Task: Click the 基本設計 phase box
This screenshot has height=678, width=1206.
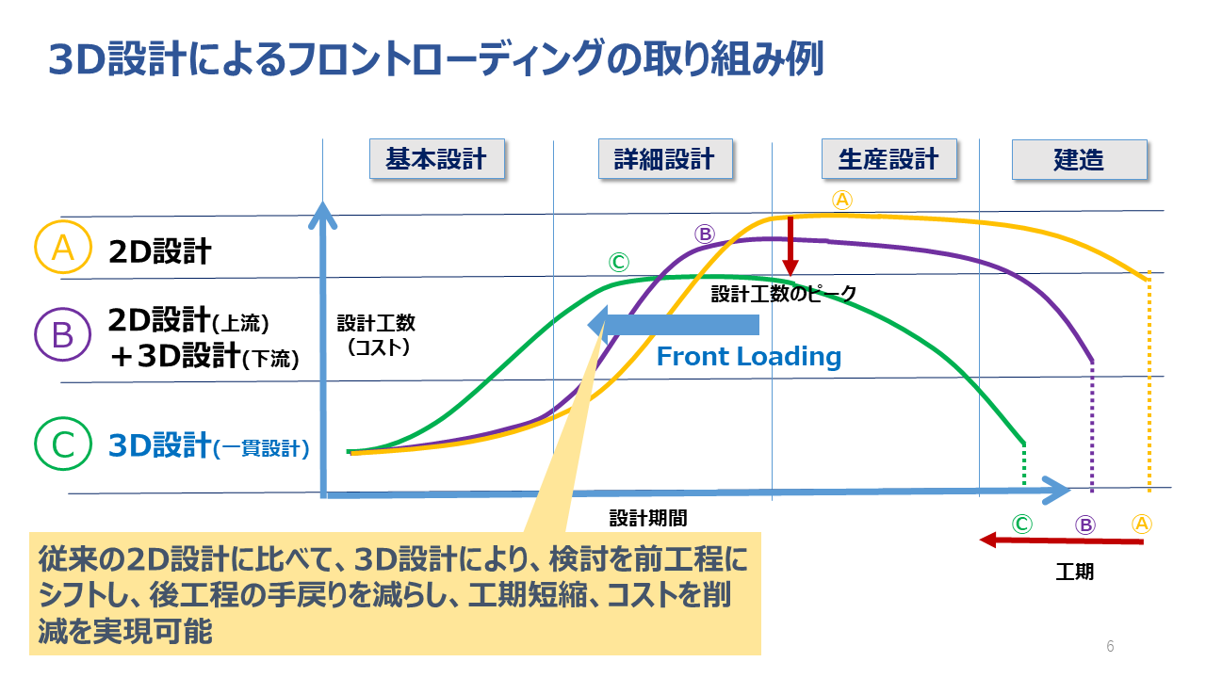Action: (x=436, y=159)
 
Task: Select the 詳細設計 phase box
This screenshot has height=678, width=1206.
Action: (x=665, y=159)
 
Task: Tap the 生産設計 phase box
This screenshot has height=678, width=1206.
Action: (x=888, y=159)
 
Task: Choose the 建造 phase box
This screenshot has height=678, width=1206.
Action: (x=1080, y=159)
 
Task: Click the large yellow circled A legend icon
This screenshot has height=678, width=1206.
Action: (x=63, y=248)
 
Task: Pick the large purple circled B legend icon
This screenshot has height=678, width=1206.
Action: (x=63, y=334)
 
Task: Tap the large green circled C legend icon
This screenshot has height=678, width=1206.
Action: (x=63, y=444)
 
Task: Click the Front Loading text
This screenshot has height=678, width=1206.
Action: (x=748, y=356)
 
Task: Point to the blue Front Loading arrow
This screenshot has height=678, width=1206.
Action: (x=673, y=325)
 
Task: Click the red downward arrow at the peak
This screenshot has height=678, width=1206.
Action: (x=790, y=246)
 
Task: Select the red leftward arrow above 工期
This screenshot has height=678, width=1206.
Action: (x=1061, y=541)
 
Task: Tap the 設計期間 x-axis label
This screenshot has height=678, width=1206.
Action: (x=648, y=518)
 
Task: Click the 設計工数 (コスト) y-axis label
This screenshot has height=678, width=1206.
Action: (x=376, y=335)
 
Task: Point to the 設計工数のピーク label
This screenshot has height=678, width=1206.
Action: (x=783, y=294)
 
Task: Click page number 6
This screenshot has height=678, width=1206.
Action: (x=1110, y=646)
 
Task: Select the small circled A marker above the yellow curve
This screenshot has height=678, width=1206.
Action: (x=842, y=200)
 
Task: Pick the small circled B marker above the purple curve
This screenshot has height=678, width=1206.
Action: (x=704, y=234)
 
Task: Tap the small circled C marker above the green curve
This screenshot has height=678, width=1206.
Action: (x=619, y=262)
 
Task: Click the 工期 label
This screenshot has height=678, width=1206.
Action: (x=1075, y=572)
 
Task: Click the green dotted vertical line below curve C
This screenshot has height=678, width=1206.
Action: (x=1023, y=465)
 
